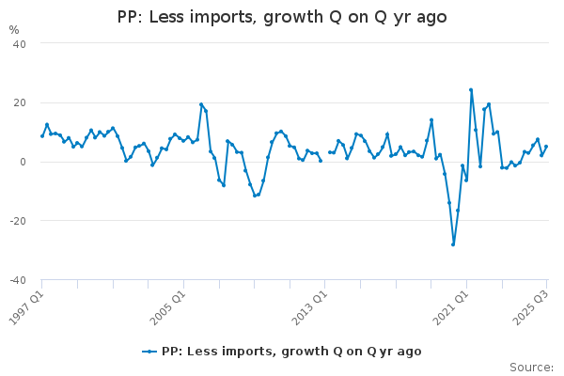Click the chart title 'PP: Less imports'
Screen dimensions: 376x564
tap(282, 17)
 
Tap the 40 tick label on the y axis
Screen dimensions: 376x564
tap(19, 44)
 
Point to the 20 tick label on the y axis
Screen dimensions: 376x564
tap(19, 102)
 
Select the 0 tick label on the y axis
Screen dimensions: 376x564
tap(23, 162)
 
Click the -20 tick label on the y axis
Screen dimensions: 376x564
tap(17, 221)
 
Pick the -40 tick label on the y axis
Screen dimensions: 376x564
tap(17, 280)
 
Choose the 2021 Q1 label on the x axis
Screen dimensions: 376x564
tap(449, 305)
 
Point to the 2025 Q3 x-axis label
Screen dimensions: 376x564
tap(532, 305)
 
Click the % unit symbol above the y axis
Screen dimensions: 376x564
tap(13, 30)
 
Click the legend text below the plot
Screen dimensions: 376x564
tap(291, 351)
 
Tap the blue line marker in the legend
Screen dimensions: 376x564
tap(149, 351)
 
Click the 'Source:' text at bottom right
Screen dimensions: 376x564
tap(531, 368)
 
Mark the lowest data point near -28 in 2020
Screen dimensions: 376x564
tap(453, 244)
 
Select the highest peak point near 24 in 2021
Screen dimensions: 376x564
tap(471, 90)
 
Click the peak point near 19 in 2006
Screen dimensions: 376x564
tap(201, 104)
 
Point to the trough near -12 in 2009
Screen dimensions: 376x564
tap(255, 196)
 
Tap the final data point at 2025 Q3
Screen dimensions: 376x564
tap(546, 146)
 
